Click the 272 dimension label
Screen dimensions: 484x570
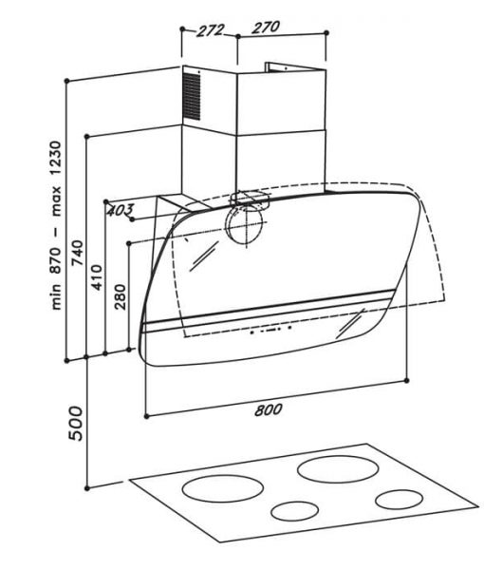click(x=211, y=30)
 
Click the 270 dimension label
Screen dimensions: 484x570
click(x=266, y=28)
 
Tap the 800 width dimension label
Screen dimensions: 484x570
click(x=269, y=409)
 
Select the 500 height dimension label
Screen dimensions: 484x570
click(x=76, y=424)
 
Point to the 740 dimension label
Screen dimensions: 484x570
click(x=77, y=253)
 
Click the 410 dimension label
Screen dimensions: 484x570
click(x=97, y=277)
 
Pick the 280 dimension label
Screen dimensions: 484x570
click(x=120, y=296)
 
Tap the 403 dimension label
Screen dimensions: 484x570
click(x=121, y=210)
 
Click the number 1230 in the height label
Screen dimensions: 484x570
click(x=56, y=159)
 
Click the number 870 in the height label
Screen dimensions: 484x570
click(x=56, y=260)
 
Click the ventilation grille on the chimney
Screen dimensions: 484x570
click(x=192, y=96)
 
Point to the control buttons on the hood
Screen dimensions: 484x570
click(x=270, y=330)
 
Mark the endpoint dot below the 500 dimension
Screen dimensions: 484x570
click(x=86, y=488)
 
